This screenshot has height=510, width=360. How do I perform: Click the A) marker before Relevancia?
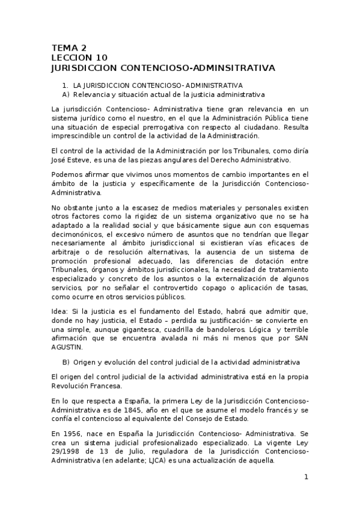pos(66,95)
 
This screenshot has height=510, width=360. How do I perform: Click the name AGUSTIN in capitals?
pos(70,348)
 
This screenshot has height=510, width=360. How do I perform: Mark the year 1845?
pos(142,410)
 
